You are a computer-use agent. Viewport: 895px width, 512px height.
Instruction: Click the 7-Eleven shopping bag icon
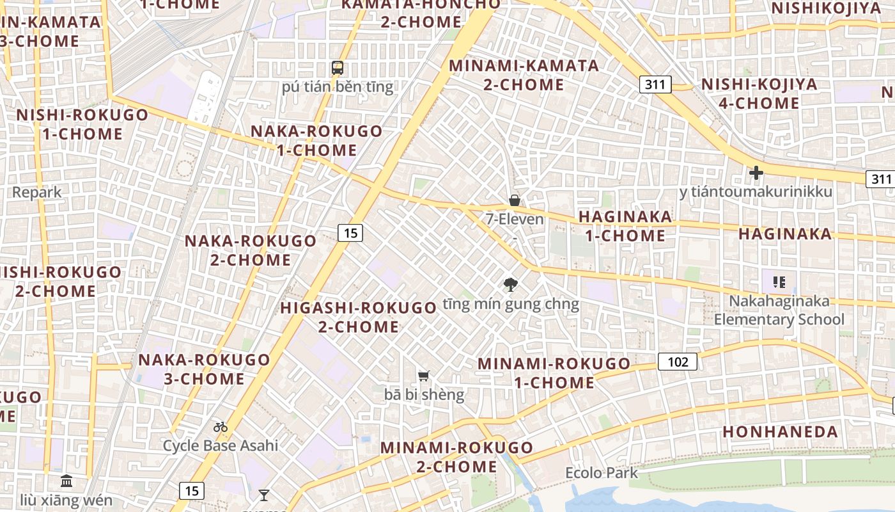(514, 200)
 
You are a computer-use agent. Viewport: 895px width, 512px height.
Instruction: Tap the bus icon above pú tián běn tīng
(337, 67)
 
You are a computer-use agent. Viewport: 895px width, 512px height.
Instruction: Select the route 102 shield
(678, 362)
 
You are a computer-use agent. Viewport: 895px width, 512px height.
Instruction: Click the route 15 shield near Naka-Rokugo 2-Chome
(350, 233)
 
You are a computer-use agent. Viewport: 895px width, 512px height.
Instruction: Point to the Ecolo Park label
(602, 473)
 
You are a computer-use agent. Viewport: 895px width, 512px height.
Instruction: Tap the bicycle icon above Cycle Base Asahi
(221, 426)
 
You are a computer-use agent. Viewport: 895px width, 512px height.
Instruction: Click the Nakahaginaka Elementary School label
(779, 310)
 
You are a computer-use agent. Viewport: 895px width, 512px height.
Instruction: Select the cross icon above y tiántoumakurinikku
(756, 172)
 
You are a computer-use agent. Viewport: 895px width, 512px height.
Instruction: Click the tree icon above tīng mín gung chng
(510, 285)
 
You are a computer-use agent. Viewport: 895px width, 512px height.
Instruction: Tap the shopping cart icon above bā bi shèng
(423, 376)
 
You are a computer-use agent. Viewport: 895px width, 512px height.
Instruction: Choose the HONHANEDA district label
(780, 431)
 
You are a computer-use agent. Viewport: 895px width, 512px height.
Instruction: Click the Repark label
(37, 192)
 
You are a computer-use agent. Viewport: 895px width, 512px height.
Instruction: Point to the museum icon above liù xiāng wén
(66, 481)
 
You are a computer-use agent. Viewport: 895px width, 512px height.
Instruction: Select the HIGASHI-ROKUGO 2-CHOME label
(358, 317)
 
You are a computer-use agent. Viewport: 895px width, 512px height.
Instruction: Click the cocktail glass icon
(263, 495)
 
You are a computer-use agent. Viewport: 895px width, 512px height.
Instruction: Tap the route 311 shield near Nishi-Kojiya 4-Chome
(655, 84)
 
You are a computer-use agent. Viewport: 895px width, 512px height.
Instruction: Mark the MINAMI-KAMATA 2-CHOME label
(524, 75)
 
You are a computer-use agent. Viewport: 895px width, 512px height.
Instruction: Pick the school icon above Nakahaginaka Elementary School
(779, 282)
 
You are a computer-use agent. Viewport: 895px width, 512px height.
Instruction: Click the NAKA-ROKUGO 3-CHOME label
(205, 369)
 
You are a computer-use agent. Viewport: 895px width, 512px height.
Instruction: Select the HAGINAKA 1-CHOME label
(625, 226)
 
